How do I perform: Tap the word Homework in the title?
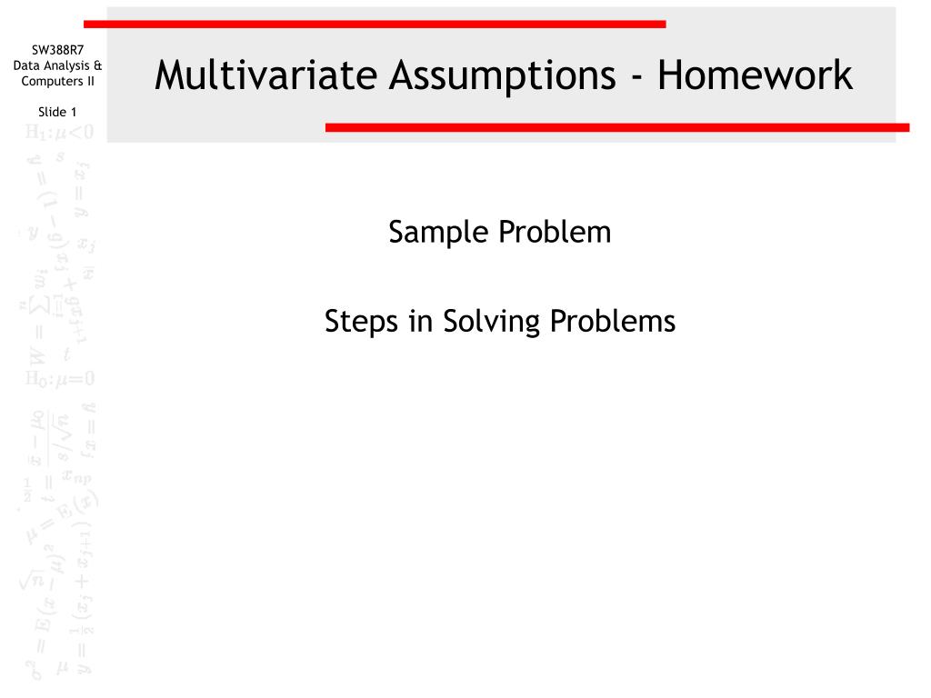pos(756,76)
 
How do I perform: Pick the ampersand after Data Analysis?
pos(97,65)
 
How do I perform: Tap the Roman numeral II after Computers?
pos(88,81)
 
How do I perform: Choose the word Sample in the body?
pos(439,233)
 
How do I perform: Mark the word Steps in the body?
pos(362,321)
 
